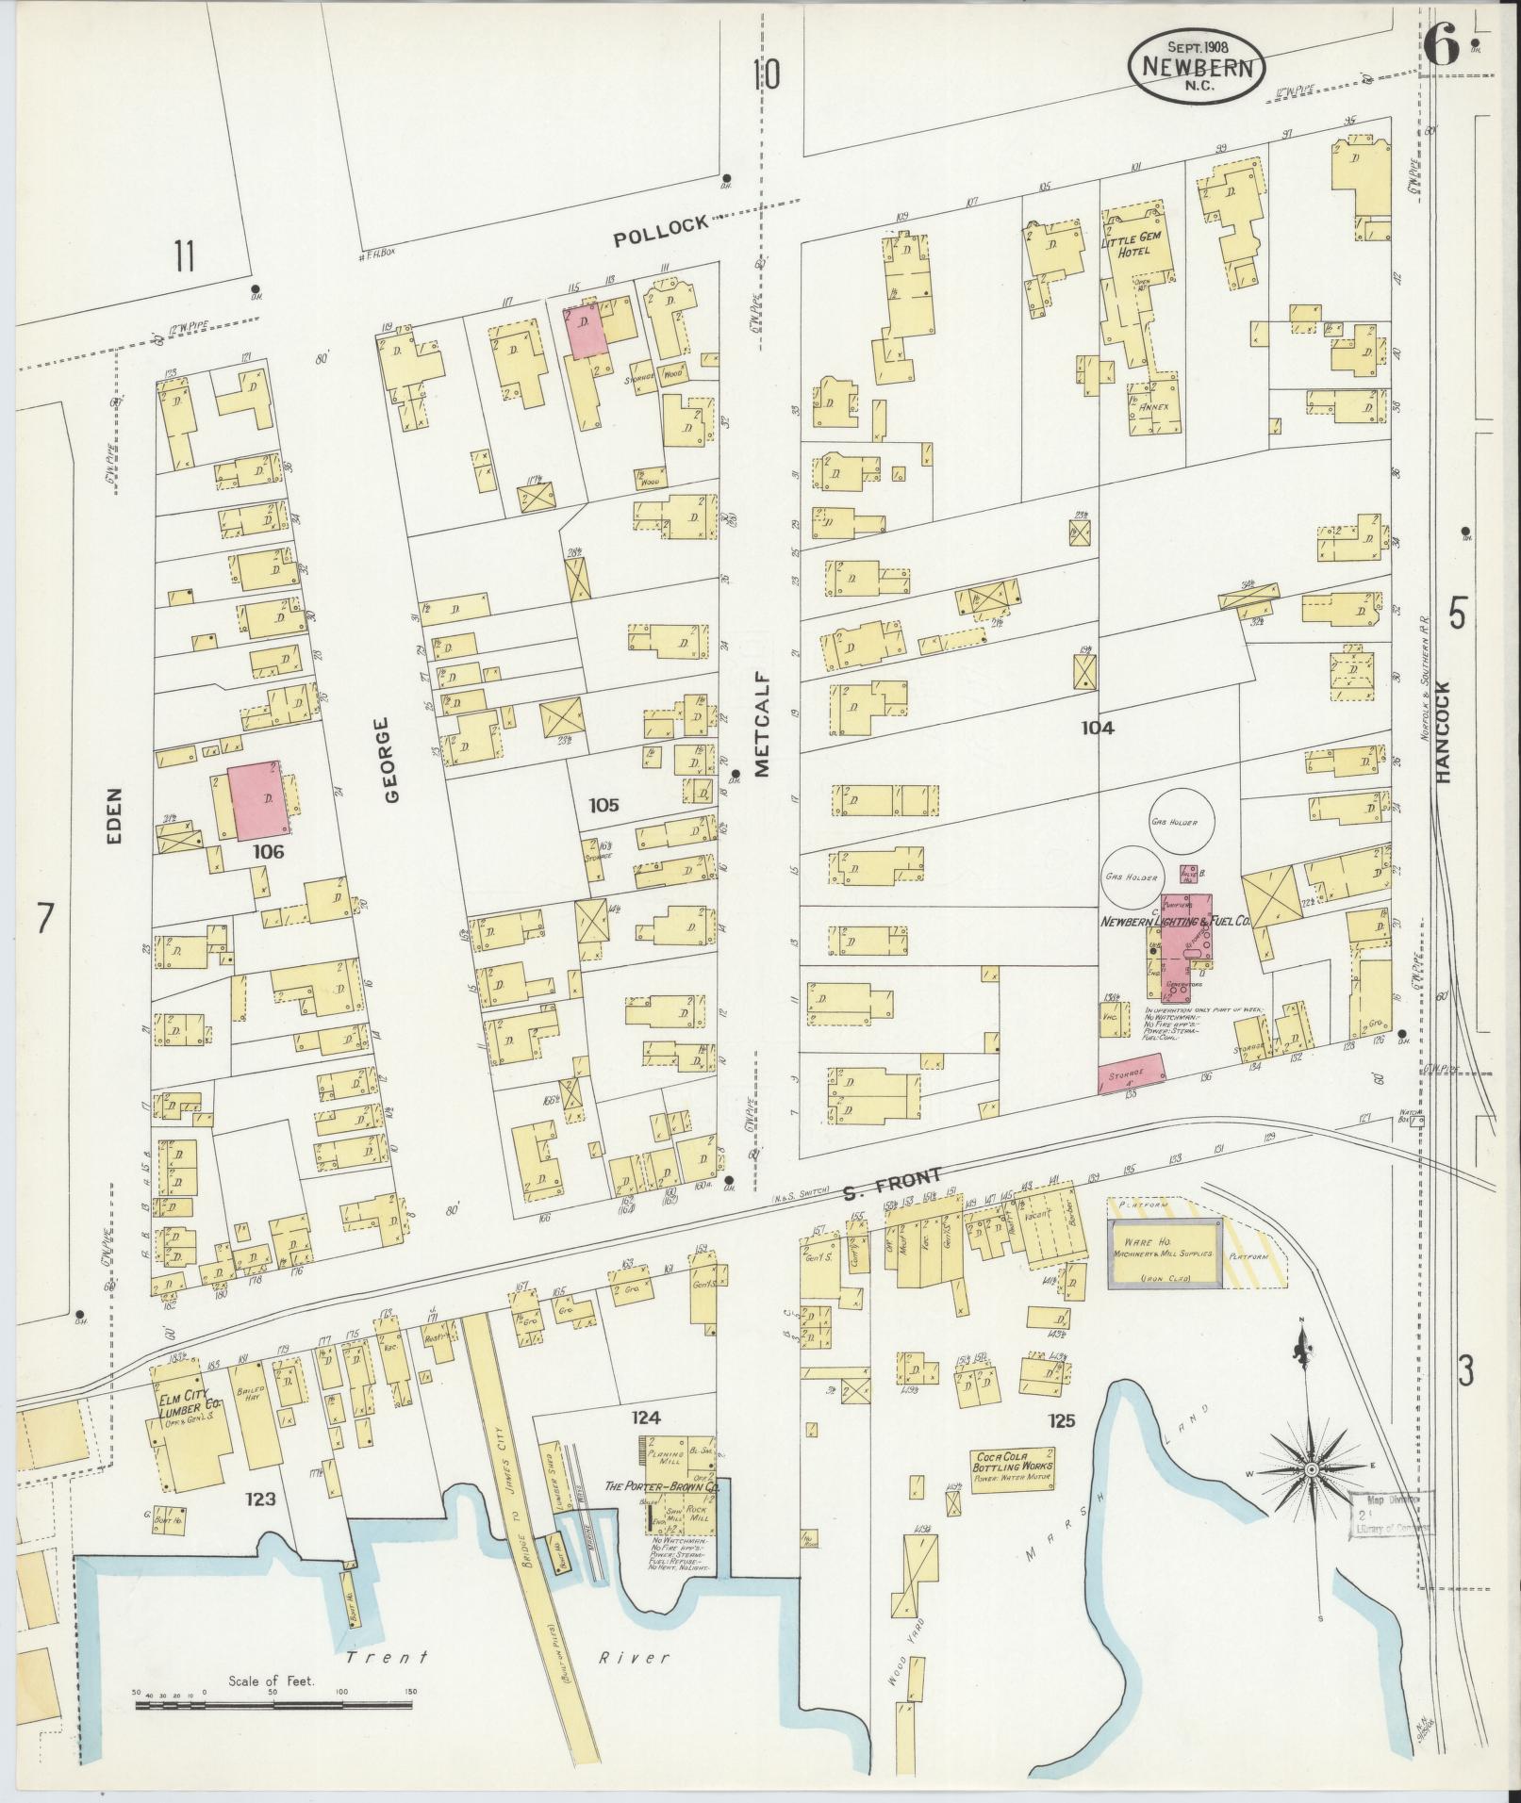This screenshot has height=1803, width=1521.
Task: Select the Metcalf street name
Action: point(762,724)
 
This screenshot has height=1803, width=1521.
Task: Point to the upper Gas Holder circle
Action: point(1173,822)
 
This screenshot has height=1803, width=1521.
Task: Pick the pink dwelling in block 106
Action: point(259,800)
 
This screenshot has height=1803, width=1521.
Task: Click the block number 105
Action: point(603,805)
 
